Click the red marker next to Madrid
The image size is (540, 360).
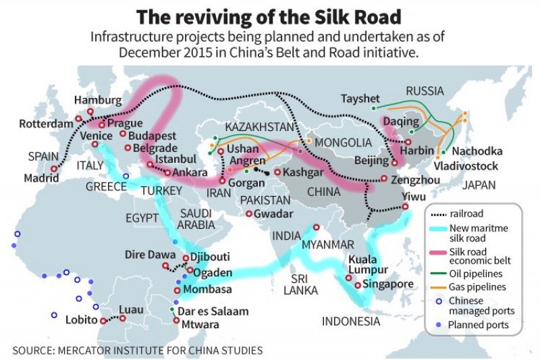click(x=53, y=170)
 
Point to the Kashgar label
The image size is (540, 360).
click(x=306, y=174)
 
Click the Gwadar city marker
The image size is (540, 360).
click(x=249, y=214)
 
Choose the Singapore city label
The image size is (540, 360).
click(x=387, y=284)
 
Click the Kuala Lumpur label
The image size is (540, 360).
click(x=367, y=265)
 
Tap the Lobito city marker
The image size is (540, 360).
click(x=103, y=321)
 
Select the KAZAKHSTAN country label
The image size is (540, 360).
click(x=260, y=127)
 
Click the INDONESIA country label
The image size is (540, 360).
click(x=351, y=322)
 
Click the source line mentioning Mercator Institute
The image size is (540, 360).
click(x=138, y=351)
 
